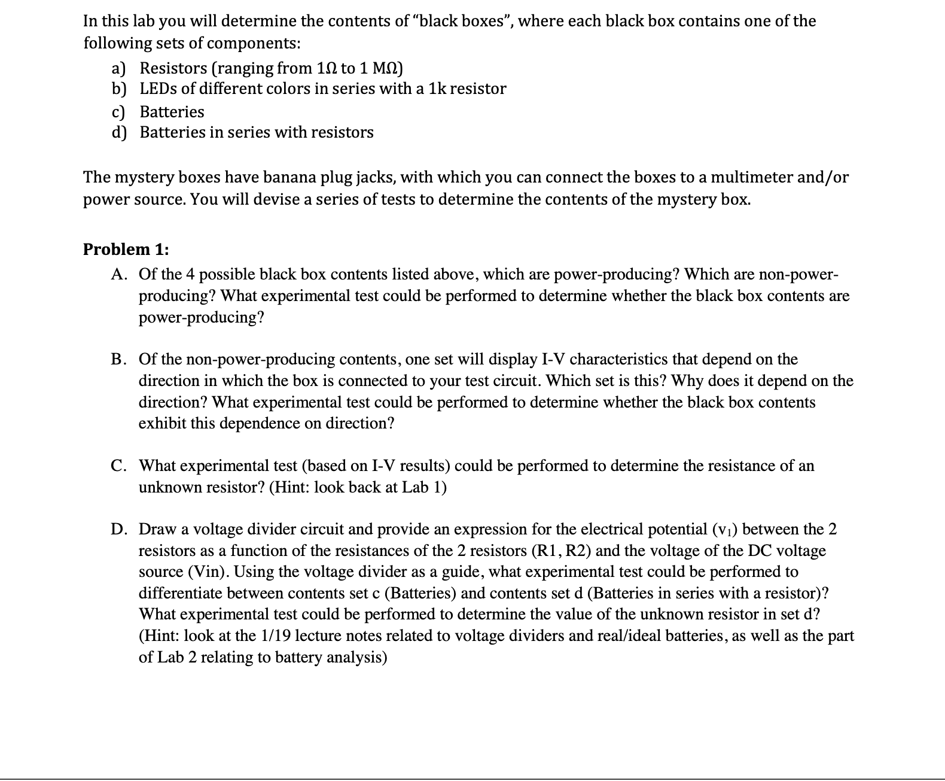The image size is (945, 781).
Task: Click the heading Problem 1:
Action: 126,249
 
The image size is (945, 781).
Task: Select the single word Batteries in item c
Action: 172,112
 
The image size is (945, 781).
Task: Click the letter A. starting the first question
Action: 119,275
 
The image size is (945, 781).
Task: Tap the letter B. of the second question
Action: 119,360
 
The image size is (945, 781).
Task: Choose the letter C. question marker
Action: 119,466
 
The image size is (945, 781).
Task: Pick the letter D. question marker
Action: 119,530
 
